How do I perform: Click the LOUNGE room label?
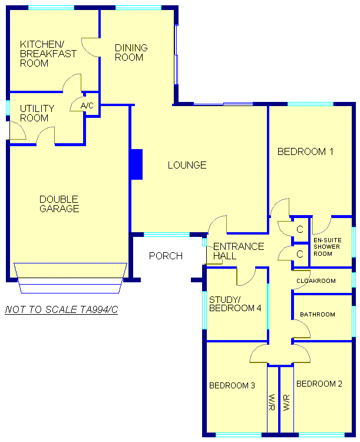pyautogui.click(x=187, y=165)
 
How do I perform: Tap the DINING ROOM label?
pyautogui.click(x=131, y=52)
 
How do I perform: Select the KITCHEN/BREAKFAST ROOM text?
pyautogui.click(x=48, y=54)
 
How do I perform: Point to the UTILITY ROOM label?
pyautogui.click(x=37, y=113)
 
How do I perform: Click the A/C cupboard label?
pyautogui.click(x=87, y=105)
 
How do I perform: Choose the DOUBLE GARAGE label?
pyautogui.click(x=59, y=204)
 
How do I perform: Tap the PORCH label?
pyautogui.click(x=166, y=256)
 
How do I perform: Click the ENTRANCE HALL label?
pyautogui.click(x=239, y=251)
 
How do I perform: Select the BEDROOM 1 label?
pyautogui.click(x=305, y=151)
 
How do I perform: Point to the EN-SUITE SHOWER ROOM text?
pyautogui.click(x=327, y=247)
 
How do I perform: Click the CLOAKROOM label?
pyautogui.click(x=316, y=281)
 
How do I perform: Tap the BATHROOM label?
pyautogui.click(x=318, y=314)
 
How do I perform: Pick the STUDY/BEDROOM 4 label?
pyautogui.click(x=235, y=304)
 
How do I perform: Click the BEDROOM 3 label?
pyautogui.click(x=232, y=385)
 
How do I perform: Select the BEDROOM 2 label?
pyautogui.click(x=319, y=384)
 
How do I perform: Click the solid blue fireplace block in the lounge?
pyautogui.click(x=137, y=164)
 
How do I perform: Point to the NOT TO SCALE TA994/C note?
pyautogui.click(x=61, y=309)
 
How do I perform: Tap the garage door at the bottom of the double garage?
pyautogui.click(x=70, y=278)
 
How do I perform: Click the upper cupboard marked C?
pyautogui.click(x=300, y=229)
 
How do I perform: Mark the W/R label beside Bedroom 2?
pyautogui.click(x=286, y=403)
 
